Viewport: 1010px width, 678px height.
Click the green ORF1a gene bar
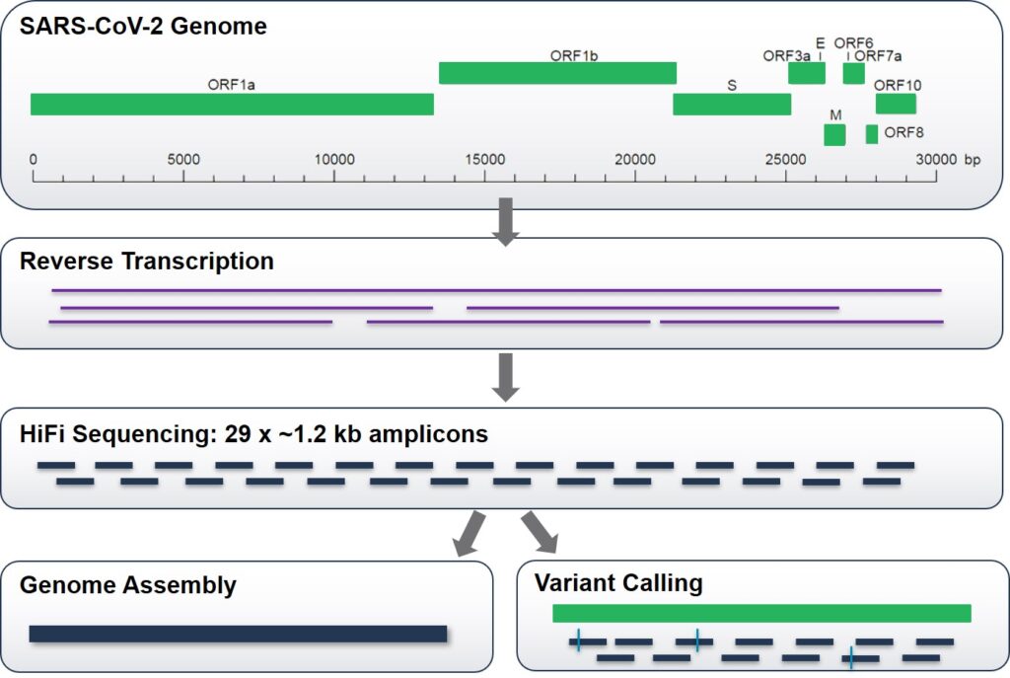click(x=232, y=105)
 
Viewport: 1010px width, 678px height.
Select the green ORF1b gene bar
click(x=557, y=73)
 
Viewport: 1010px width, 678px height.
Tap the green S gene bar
click(x=732, y=105)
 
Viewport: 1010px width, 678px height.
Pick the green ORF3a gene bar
click(x=806, y=73)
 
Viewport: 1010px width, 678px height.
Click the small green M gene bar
click(x=835, y=135)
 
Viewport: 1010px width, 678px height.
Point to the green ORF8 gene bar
click(x=872, y=134)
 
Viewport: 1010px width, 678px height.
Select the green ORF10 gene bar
click(x=896, y=104)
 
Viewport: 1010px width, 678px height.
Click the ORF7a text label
click(x=878, y=56)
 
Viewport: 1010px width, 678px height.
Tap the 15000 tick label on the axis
click(x=484, y=160)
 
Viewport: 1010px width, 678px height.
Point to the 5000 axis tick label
click(x=183, y=160)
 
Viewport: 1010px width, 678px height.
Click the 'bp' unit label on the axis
click(x=973, y=160)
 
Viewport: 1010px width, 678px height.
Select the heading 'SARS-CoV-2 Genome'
click(x=143, y=27)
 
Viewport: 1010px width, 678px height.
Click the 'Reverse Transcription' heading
click(x=147, y=262)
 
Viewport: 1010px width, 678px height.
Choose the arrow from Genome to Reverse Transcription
click(x=505, y=221)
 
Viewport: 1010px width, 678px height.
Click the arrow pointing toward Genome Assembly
click(x=468, y=534)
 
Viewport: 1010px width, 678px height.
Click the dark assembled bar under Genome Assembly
click(x=238, y=634)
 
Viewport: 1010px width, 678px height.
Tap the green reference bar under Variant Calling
click(x=761, y=614)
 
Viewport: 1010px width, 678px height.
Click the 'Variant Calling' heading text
click(x=618, y=583)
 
